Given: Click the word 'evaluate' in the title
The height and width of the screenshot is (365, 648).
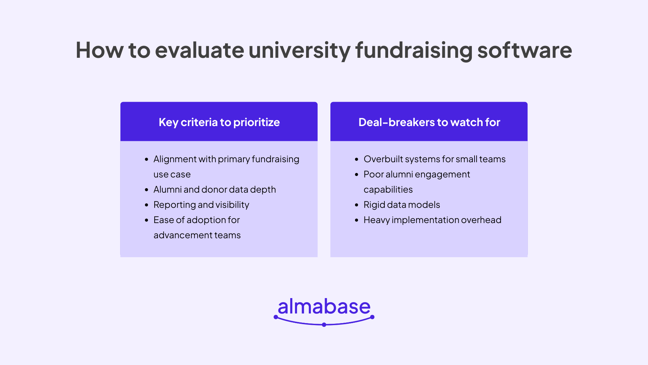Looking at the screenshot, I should [199, 50].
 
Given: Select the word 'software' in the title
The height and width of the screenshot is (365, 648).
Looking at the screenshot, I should [524, 50].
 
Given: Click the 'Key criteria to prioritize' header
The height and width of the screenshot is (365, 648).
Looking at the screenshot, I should [219, 122].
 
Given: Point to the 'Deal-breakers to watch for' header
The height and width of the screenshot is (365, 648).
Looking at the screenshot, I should [429, 122].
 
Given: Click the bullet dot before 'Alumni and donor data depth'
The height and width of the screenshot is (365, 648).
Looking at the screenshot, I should [146, 190].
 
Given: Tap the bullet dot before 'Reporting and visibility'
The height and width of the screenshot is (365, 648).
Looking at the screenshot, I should [146, 205].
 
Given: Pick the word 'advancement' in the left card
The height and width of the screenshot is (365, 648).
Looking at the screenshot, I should [183, 235].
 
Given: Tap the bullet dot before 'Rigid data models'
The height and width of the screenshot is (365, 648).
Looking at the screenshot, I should [357, 205].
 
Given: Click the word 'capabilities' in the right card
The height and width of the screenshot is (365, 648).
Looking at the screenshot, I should [388, 189].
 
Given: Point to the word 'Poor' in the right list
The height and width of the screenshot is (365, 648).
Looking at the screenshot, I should [374, 174].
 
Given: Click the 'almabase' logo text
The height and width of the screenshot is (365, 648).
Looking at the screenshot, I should [324, 307].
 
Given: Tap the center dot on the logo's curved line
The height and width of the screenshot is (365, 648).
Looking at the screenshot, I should [324, 325].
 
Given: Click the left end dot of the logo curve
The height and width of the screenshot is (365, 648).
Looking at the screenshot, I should [276, 317].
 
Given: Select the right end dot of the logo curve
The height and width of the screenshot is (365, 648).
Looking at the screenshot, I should [372, 317].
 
